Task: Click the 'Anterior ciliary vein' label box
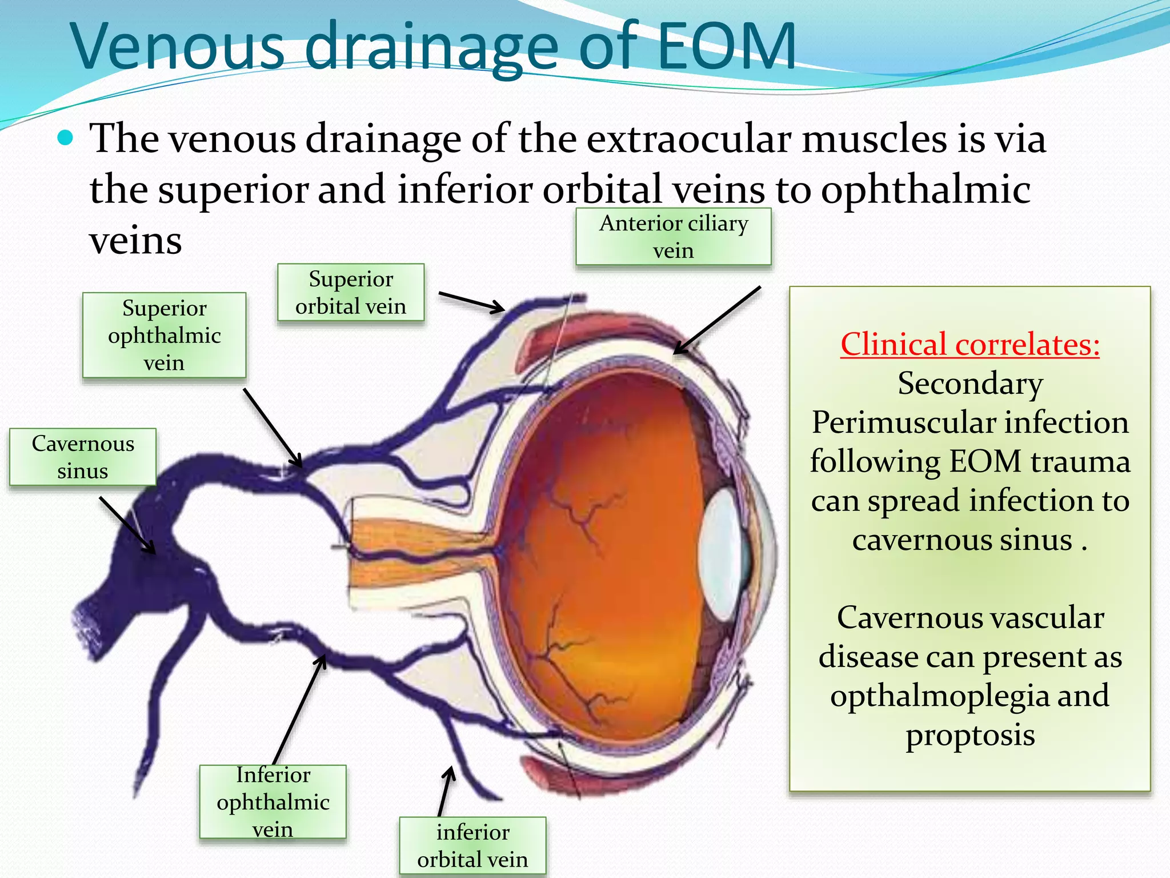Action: pyautogui.click(x=673, y=237)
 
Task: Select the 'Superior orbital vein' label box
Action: pyautogui.click(x=350, y=293)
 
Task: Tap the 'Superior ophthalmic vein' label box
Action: pyautogui.click(x=164, y=336)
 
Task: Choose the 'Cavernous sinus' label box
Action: pyautogui.click(x=83, y=457)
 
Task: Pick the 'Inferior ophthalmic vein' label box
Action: pyautogui.click(x=273, y=802)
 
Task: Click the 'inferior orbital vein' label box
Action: pyautogui.click(x=472, y=846)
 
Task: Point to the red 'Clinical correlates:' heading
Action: pyautogui.click(x=969, y=345)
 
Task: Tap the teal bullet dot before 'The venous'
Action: pyautogui.click(x=66, y=138)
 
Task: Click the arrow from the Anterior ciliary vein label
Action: pyautogui.click(x=717, y=321)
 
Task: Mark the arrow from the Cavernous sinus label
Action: pyautogui.click(x=127, y=525)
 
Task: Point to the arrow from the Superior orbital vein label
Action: pyautogui.click(x=471, y=302)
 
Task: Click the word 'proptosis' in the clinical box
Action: pyautogui.click(x=969, y=735)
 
